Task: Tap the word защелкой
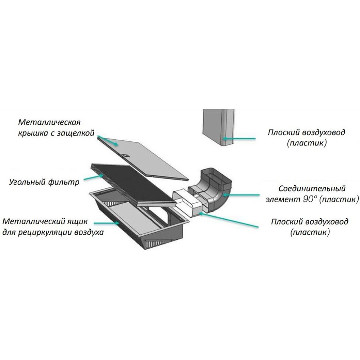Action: pos(79,133)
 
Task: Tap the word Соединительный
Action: pos(312,189)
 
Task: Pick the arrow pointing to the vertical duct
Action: pos(239,138)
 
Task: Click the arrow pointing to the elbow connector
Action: pos(245,195)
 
